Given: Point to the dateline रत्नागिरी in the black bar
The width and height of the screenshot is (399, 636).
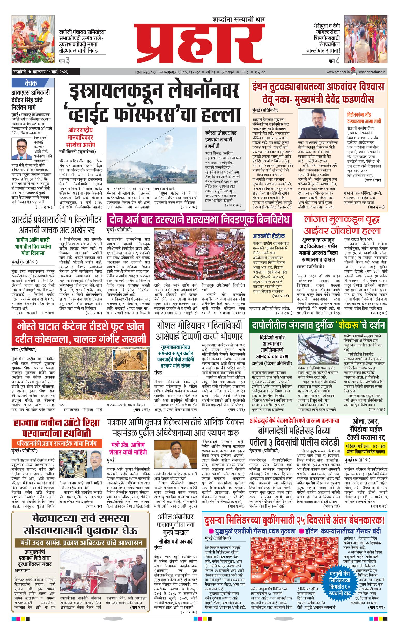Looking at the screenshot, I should (21, 72).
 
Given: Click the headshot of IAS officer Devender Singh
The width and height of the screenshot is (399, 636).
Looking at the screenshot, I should (22, 148).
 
